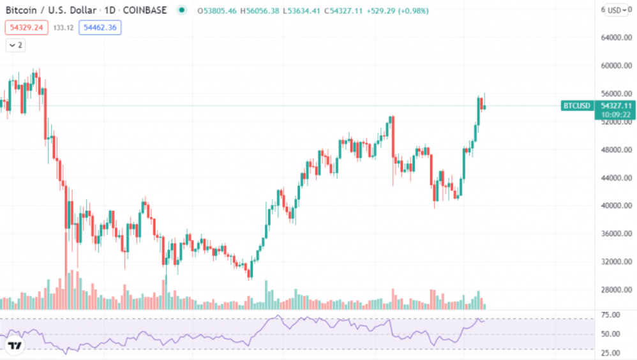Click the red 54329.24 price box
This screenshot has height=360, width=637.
[26, 27]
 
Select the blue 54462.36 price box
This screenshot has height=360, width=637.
[100, 27]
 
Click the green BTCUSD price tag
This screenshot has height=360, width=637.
[576, 105]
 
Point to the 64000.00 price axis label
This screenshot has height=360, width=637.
[616, 38]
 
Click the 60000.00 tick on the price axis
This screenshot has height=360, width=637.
[616, 66]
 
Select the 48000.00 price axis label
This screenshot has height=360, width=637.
[616, 150]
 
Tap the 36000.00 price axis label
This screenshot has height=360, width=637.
[616, 234]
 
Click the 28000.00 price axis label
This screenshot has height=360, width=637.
[616, 290]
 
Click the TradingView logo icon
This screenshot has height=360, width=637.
[15, 346]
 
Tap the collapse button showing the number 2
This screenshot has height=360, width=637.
[15, 45]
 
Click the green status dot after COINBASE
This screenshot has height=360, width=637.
[183, 11]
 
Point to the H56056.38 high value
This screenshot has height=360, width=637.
[262, 11]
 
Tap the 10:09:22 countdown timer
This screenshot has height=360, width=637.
[615, 114]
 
